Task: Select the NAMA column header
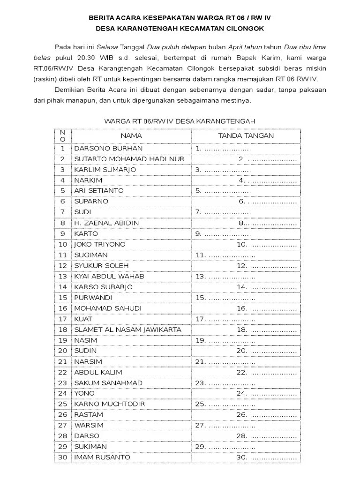point(131,135)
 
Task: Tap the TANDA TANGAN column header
point(246,135)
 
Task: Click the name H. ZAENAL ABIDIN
point(106,223)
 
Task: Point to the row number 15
point(63,298)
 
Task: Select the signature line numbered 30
point(266,457)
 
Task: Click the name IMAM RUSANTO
point(102,457)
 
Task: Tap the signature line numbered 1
point(223,149)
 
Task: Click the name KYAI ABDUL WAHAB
point(109,276)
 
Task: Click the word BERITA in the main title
point(103,18)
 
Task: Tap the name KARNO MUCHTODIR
point(109,404)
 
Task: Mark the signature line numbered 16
point(266,308)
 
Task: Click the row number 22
point(63,372)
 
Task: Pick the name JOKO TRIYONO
point(100,244)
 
